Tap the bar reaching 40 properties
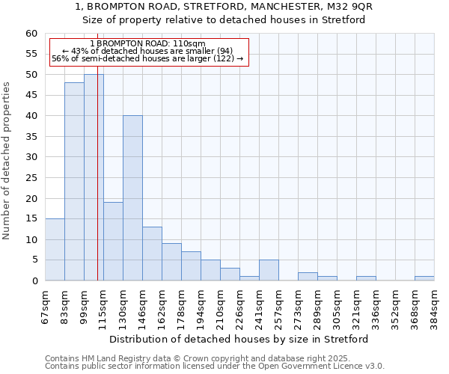[x=132, y=198]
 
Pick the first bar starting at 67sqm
[x=55, y=250]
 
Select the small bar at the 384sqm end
[x=424, y=278]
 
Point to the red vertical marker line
[x=97, y=187]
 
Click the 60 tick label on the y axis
[x=31, y=34]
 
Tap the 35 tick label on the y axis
[x=31, y=137]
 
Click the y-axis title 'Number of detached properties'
[x=7, y=161]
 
